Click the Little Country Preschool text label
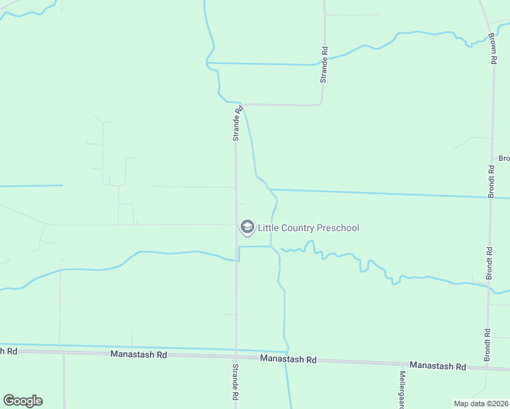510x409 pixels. pos(308,228)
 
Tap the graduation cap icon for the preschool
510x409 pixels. pos(247,227)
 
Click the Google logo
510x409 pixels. pos(22,401)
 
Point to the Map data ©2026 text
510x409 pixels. pos(481,404)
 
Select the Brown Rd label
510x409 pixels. pos(492,48)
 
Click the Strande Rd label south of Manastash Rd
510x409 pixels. pos(235,382)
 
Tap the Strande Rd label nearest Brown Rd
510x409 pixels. pos(325,64)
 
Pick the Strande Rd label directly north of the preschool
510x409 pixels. pos(237,123)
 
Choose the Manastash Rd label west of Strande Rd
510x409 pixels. pos(138,355)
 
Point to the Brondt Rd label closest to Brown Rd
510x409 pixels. pos(491,178)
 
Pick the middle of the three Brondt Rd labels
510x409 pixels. pos(489,262)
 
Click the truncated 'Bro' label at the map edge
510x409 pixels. pos(504,159)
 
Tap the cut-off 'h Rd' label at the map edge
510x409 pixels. pos(8,350)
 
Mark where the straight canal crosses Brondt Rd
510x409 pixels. pos(490,198)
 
